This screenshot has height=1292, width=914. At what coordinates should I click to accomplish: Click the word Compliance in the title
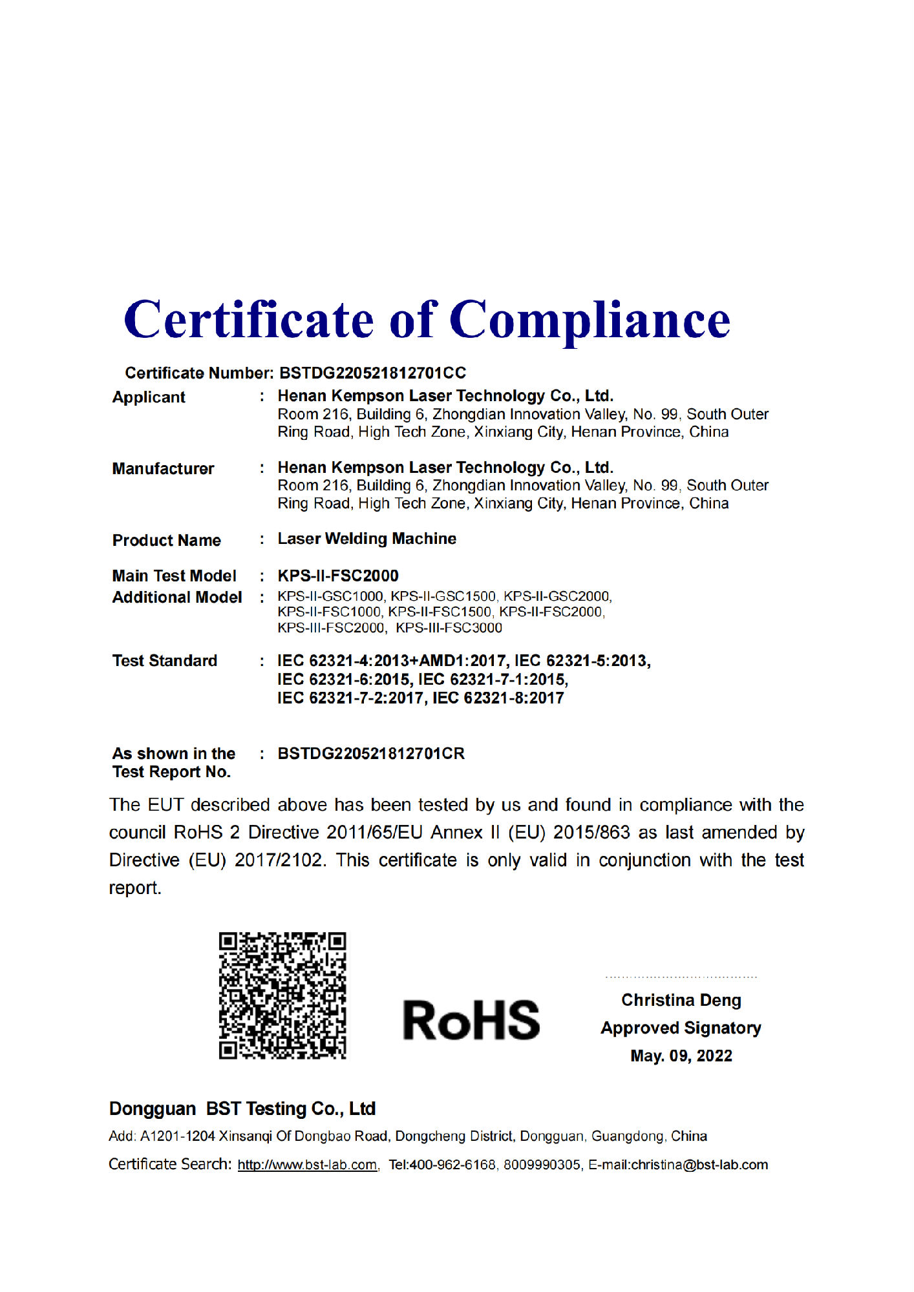[x=590, y=320]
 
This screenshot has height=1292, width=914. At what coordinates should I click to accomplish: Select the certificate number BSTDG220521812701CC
[x=372, y=373]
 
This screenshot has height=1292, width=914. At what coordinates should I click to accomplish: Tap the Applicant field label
[x=149, y=397]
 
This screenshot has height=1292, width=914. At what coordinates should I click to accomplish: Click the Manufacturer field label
[x=163, y=469]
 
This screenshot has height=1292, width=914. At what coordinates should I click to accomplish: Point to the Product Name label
[x=167, y=541]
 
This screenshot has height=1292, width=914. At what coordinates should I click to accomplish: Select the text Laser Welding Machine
[x=367, y=539]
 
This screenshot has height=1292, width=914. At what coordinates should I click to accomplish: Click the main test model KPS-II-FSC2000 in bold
[x=338, y=576]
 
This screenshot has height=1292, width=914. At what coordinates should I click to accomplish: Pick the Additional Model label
[x=177, y=598]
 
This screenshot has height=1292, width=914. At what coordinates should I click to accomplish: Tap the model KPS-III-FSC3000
[x=449, y=628]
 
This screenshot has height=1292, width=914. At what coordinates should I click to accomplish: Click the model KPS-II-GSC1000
[x=330, y=596]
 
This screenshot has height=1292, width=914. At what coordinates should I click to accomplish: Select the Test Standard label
[x=165, y=661]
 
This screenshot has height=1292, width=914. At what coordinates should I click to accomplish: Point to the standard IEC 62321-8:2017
[x=498, y=698]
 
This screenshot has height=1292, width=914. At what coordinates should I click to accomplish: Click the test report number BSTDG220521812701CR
[x=371, y=754]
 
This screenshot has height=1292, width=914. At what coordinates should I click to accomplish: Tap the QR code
[x=282, y=995]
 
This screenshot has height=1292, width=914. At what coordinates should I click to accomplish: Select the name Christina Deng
[x=681, y=1001]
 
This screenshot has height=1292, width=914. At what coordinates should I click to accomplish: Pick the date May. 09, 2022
[x=681, y=1056]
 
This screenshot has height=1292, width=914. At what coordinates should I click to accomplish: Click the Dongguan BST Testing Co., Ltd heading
[x=242, y=1109]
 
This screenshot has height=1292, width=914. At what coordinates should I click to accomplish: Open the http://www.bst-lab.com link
[x=307, y=1165]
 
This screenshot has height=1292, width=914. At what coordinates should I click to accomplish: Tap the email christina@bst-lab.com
[x=699, y=1165]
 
